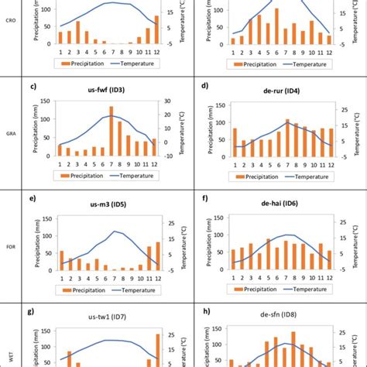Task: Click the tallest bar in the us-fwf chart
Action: click(111, 131)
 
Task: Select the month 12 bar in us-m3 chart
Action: click(157, 256)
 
